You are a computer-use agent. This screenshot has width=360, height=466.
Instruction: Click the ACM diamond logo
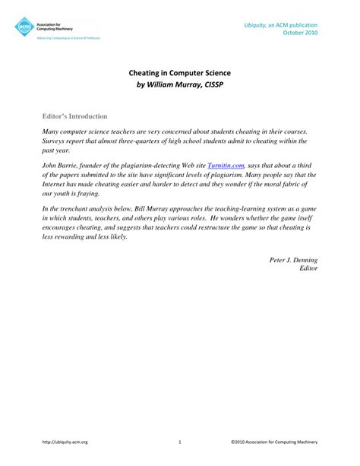(x=24, y=27)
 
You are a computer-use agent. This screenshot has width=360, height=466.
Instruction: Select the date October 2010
(x=300, y=34)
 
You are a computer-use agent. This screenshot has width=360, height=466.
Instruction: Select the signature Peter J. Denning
(x=294, y=259)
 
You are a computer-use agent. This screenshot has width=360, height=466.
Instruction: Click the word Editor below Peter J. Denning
(x=308, y=268)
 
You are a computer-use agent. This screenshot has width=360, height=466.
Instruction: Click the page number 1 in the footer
(x=179, y=441)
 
